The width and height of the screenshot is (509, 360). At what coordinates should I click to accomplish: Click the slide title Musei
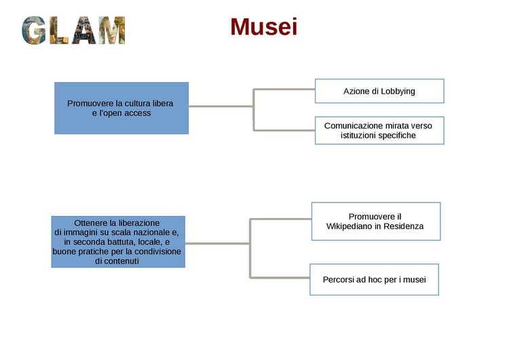pos(263,27)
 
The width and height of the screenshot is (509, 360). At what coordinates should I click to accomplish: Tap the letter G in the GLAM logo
pos(35,31)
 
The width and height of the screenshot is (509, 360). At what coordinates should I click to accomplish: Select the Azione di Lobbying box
pos(379,91)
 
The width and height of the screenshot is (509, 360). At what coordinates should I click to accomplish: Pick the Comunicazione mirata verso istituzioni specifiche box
pos(379,130)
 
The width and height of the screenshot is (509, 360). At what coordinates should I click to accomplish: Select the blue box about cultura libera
pos(121,108)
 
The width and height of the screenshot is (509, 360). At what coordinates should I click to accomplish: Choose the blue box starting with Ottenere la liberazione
pos(117,242)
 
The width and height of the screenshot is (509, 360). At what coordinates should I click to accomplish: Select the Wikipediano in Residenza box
pos(375,221)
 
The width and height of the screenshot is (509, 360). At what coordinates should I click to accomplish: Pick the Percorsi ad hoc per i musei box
pos(374,279)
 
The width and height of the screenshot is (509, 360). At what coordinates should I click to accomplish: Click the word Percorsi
pos(339,279)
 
